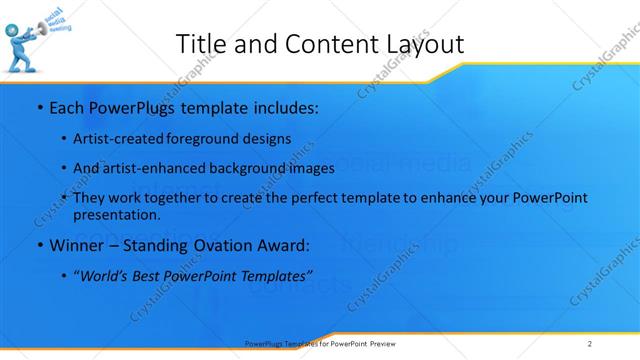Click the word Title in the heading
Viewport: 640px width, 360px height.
tap(199, 43)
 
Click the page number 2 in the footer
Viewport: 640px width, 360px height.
tap(590, 343)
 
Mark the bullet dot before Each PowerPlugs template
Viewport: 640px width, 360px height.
tap(38, 107)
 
